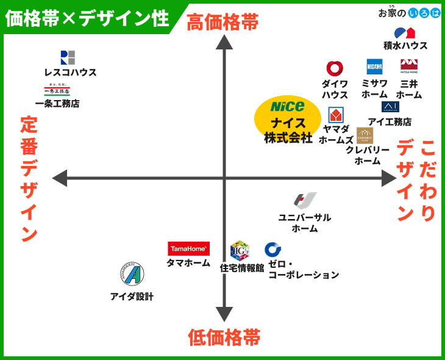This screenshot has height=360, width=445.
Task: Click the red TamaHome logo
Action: (x=189, y=249)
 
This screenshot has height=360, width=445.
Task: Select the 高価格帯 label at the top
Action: (x=223, y=23)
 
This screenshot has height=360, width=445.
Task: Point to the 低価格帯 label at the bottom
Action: (x=224, y=337)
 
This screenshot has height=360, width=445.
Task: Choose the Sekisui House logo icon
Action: (x=405, y=33)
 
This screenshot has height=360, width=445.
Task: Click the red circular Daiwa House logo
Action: (x=335, y=68)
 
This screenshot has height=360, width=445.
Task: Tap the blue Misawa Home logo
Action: (x=374, y=67)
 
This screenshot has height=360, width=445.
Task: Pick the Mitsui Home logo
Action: (x=409, y=66)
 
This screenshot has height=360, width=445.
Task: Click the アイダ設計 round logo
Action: (x=132, y=273)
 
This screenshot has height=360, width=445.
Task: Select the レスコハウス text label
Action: (x=71, y=73)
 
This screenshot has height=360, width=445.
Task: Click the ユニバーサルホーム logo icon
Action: (x=305, y=200)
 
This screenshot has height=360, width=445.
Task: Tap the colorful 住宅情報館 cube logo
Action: (x=240, y=250)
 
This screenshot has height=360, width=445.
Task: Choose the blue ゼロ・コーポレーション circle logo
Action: (x=273, y=250)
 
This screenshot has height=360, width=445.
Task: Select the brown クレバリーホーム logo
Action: (x=365, y=135)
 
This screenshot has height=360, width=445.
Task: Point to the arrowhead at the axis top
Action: (x=225, y=42)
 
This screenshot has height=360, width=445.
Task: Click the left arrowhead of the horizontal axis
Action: (x=60, y=178)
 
